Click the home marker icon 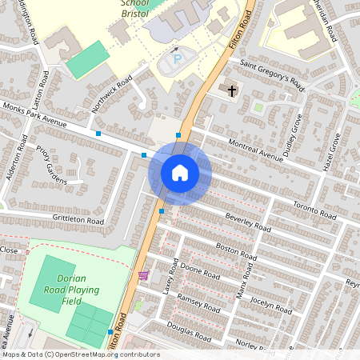[x=180, y=173]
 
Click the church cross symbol [x=232, y=90]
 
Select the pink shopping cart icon [x=143, y=275]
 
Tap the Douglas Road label [x=189, y=331]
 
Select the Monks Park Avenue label [x=35, y=115]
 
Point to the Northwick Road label [x=112, y=94]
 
